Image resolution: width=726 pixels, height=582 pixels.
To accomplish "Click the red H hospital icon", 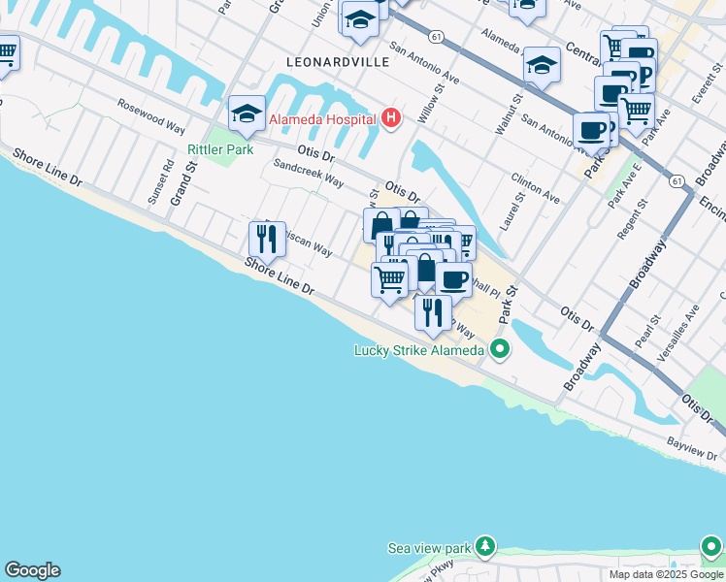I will (x=391, y=118).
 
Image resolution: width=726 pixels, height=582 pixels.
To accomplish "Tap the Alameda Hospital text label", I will (x=322, y=119).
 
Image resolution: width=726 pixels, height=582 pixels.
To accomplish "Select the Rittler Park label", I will (x=220, y=149).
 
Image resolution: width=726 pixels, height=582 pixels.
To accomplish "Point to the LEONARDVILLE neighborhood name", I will (x=338, y=62).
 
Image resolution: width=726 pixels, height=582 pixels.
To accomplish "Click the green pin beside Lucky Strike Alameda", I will (x=500, y=349).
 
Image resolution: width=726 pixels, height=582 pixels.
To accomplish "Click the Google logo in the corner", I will (x=32, y=570).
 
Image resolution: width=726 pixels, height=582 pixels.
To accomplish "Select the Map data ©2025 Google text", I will (x=665, y=574).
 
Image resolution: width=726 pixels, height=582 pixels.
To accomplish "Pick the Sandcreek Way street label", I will (x=308, y=174).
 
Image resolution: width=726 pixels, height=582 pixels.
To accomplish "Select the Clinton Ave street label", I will (x=536, y=189).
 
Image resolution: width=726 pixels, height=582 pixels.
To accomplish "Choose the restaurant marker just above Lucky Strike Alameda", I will (x=433, y=311).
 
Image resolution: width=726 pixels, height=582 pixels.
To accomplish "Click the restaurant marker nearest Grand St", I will (x=267, y=238).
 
